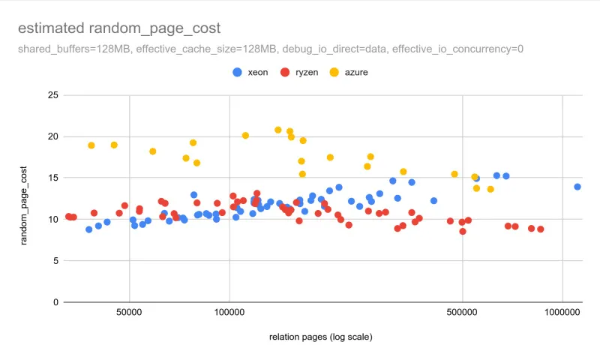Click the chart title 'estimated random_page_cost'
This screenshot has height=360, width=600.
(x=119, y=28)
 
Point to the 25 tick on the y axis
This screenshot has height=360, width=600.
(x=52, y=95)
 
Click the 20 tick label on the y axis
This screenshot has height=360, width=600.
(x=52, y=136)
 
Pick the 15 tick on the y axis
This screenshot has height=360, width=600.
(x=52, y=178)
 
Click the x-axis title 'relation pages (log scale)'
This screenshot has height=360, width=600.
(x=320, y=337)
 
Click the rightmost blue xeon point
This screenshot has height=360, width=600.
(x=577, y=187)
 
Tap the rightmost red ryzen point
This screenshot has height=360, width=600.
(x=540, y=229)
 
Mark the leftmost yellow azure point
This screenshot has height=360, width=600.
(x=91, y=145)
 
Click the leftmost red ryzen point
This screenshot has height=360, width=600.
(x=68, y=217)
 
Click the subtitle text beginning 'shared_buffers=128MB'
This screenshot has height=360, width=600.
(x=270, y=49)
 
